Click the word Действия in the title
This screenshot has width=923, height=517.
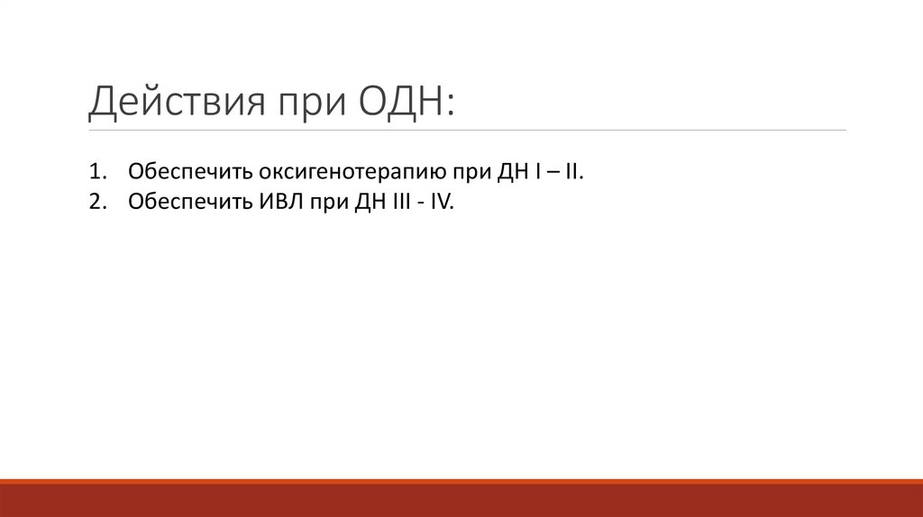(167, 102)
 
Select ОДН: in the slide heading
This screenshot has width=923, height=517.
(407, 102)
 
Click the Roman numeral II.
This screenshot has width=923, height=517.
(572, 171)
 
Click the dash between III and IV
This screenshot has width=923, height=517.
(420, 204)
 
